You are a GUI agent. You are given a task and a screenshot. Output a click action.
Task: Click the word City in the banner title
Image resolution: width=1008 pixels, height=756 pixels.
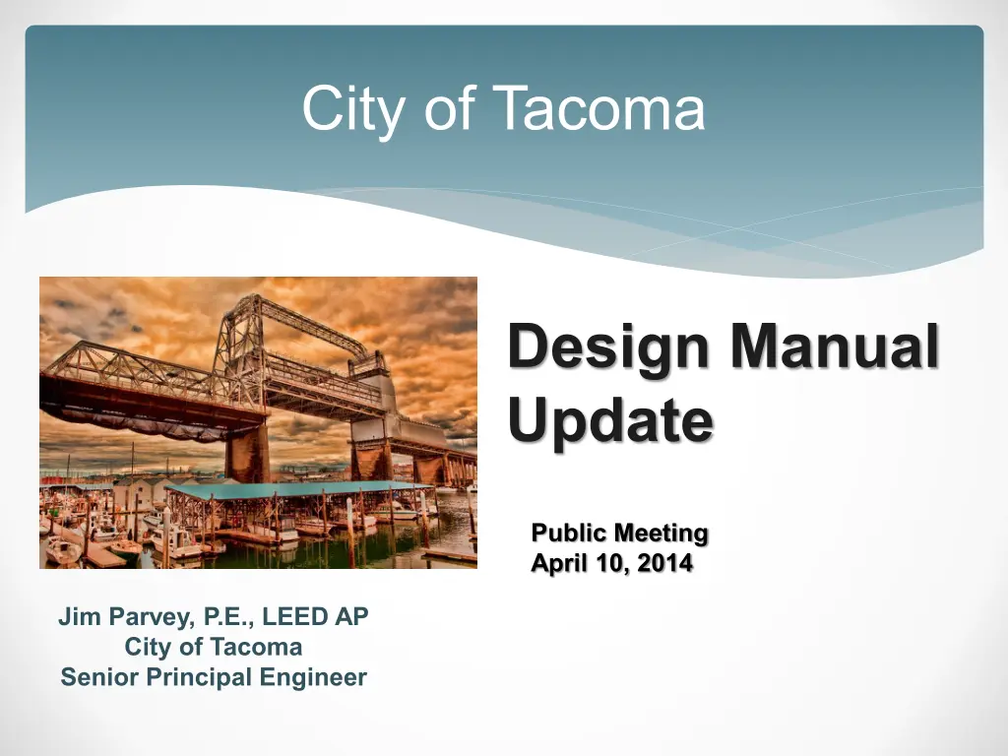click(x=353, y=109)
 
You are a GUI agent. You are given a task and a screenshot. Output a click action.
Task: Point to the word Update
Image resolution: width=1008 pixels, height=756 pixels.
click(x=610, y=422)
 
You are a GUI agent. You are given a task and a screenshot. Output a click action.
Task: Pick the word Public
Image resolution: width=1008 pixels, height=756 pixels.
click(x=569, y=533)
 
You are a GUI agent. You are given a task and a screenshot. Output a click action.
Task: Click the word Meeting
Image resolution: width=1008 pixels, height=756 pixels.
click(x=661, y=534)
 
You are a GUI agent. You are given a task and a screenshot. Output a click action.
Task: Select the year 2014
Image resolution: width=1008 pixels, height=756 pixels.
click(x=665, y=563)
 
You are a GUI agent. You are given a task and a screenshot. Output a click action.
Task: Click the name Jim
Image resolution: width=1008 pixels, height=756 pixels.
click(x=81, y=616)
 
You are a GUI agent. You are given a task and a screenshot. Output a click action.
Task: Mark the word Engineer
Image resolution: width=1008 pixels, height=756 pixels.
click(x=313, y=677)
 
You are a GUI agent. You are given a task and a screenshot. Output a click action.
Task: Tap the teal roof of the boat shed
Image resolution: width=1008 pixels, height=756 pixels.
click(x=295, y=490)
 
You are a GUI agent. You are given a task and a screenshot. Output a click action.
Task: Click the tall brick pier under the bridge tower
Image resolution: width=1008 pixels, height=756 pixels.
click(x=247, y=453)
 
